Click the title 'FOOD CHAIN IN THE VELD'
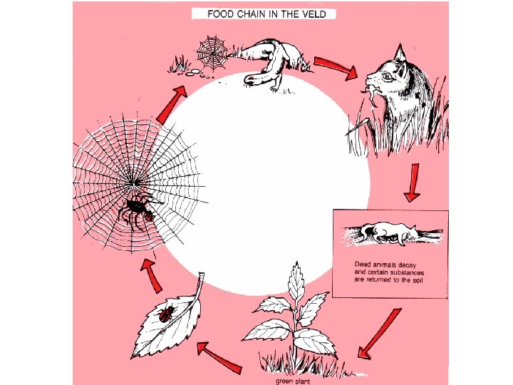pyautogui.click(x=263, y=14)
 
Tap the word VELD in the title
pyautogui.click(x=319, y=14)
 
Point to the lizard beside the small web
pyautogui.click(x=271, y=61)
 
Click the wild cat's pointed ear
pyautogui.click(x=400, y=52)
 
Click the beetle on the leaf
pyautogui.click(x=166, y=314)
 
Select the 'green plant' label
pyautogui.click(x=293, y=380)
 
